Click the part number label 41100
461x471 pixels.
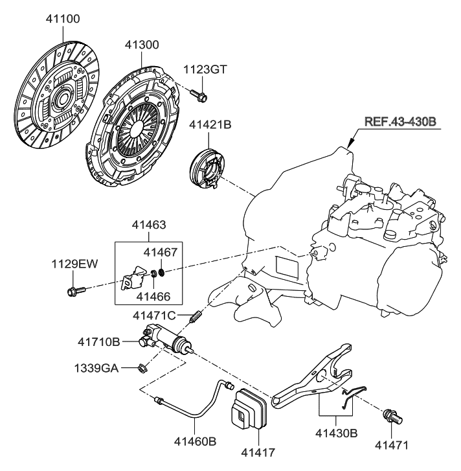click(63, 19)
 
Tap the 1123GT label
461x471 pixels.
click(205, 69)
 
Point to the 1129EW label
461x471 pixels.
click(74, 264)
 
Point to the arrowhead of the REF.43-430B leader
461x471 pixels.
click(350, 144)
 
